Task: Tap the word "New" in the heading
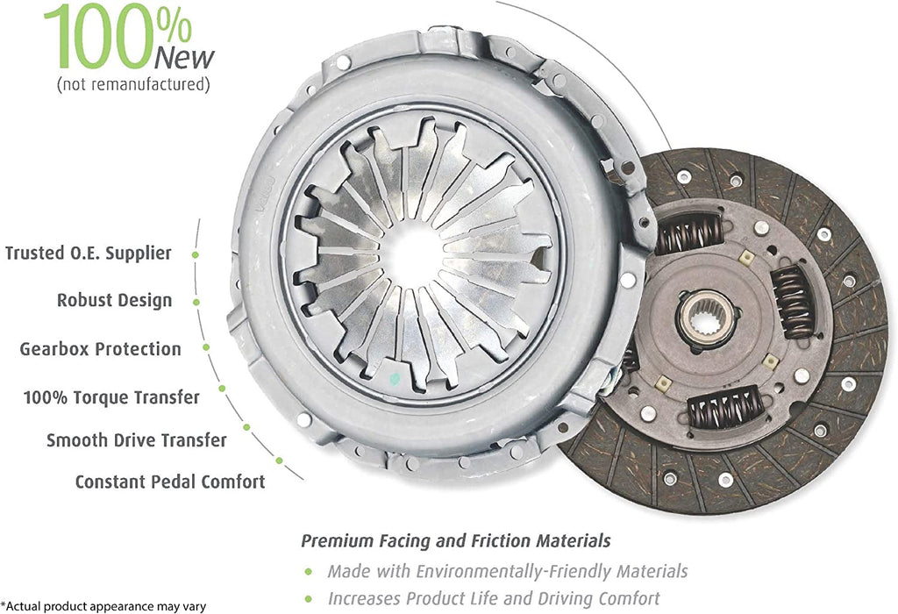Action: pos(183,58)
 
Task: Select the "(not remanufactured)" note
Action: pos(133,85)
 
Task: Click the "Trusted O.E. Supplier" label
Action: pos(89,253)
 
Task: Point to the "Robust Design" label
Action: pos(115,301)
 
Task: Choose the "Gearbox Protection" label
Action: pos(100,349)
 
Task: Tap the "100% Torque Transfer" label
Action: pos(111,397)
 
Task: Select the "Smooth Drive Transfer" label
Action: pos(136,440)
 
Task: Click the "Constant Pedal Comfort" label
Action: pos(169,482)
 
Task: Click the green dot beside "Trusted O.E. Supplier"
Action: pos(196,254)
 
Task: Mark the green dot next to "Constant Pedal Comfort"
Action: pos(279,460)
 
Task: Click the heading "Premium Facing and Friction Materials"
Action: pos(456,540)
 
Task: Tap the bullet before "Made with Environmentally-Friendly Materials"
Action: pos(308,572)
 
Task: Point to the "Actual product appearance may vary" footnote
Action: pos(103,606)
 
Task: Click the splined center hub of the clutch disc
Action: pos(706,315)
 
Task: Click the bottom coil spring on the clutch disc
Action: pos(723,408)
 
